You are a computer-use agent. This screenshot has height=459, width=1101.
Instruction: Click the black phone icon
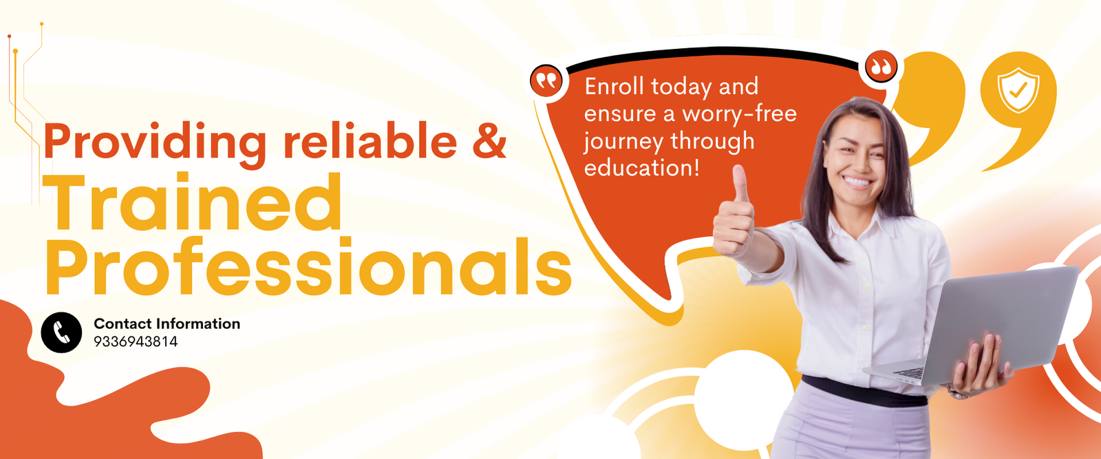point(61,332)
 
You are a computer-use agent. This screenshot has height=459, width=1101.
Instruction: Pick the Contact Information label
point(167,324)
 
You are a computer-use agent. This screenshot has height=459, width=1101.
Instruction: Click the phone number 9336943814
point(136,341)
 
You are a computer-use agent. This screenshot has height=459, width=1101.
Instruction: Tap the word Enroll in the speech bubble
point(614,87)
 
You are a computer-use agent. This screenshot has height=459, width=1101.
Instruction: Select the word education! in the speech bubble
point(641,168)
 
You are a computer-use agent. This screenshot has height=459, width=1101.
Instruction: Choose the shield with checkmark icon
point(1018,90)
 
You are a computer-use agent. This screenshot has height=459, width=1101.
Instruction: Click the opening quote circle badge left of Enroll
point(546,80)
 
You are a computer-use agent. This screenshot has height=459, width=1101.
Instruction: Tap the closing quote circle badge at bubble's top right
point(881,66)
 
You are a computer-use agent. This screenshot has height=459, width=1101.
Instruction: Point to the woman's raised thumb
point(739,183)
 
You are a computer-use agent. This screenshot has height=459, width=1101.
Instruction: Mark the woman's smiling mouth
point(857,182)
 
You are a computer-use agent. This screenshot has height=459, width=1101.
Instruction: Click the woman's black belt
point(864,392)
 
